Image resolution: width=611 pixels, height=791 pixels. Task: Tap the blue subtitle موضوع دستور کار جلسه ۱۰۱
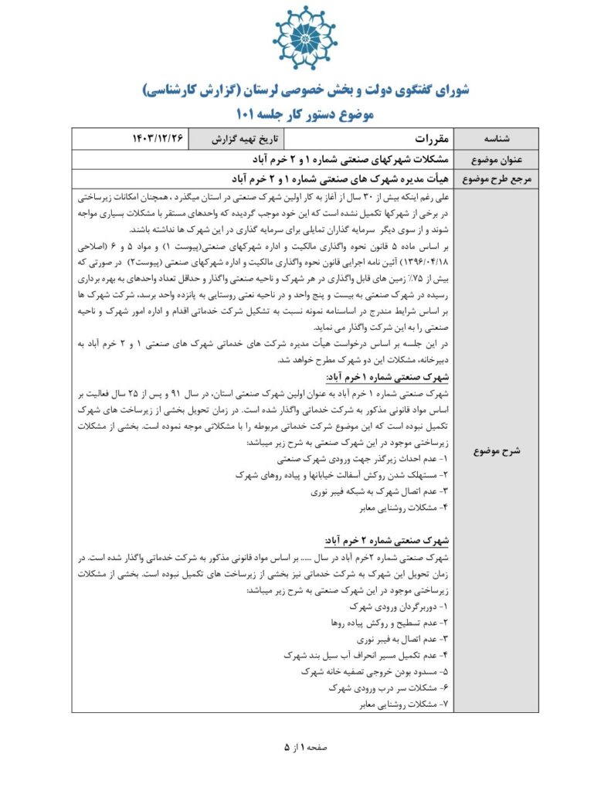coord(305,115)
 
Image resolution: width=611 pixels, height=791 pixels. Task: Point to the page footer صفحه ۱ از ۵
coord(306,747)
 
